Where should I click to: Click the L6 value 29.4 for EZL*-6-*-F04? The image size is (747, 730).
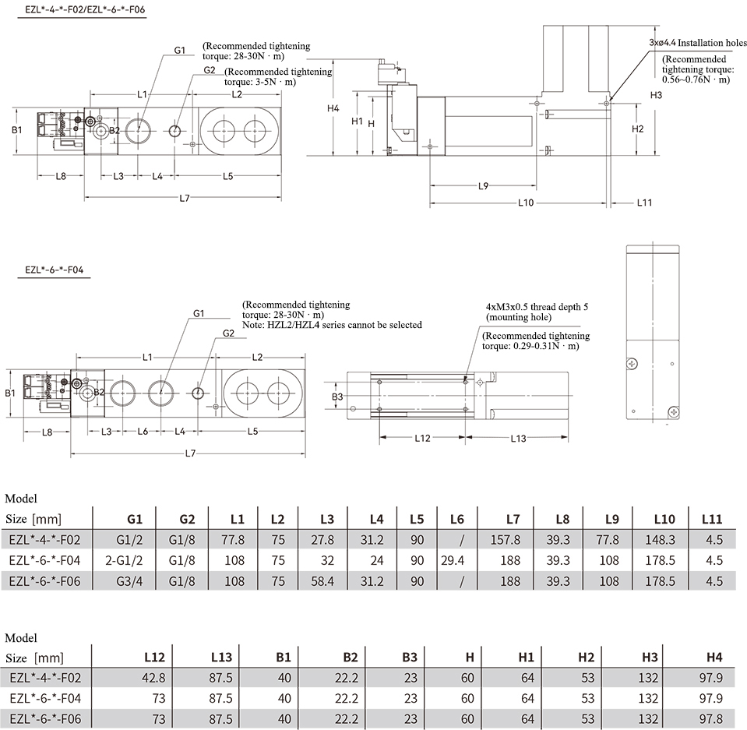452,560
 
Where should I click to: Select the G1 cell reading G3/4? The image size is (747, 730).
129,581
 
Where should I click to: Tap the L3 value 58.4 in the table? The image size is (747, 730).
322,581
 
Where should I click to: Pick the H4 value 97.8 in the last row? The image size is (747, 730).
711,718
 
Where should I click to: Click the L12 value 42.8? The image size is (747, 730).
153,678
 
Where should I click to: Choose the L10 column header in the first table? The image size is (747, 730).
664,519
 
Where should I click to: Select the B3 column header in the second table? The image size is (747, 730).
409,658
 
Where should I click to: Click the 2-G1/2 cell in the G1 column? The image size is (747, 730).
124,560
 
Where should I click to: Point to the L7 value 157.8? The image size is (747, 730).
506,540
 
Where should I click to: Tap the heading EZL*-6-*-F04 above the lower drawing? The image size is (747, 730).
55,270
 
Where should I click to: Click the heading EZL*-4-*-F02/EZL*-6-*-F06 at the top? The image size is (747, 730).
85,9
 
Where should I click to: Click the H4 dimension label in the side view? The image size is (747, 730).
333,108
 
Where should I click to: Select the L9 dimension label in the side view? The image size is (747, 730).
484,186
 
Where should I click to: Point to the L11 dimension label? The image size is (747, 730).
644,203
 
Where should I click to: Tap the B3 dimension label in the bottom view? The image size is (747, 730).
337,397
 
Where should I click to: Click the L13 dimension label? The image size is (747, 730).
518,439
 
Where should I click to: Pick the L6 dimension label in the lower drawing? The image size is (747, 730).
143,432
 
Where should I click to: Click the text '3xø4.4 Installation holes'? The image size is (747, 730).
698,42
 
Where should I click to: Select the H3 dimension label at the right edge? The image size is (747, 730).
656,95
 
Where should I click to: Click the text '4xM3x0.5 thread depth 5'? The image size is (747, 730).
537,307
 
